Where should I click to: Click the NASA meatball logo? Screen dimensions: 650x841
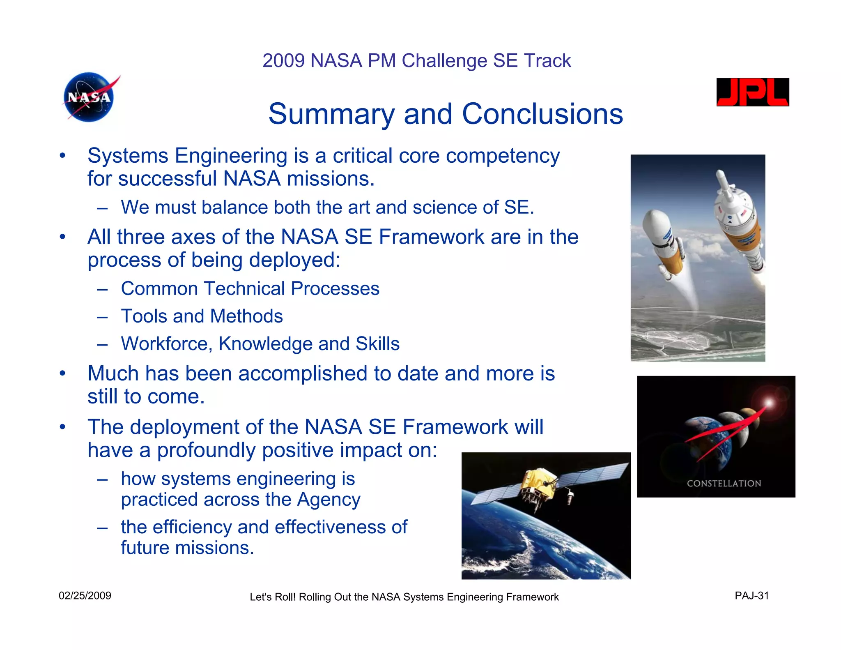coord(89,97)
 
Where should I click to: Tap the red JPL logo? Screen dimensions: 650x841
coord(752,92)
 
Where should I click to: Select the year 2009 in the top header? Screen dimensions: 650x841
coord(283,61)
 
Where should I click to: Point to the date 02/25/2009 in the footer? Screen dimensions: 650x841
coord(85,596)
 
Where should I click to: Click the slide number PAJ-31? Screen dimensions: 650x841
coord(751,596)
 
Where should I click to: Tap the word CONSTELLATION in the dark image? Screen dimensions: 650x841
coord(724,484)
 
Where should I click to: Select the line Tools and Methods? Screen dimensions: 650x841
coord(202,316)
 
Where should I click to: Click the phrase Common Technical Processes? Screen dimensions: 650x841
coord(250,289)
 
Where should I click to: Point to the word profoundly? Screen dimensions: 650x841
coord(207,450)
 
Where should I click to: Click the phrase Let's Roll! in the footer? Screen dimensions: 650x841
coord(272,597)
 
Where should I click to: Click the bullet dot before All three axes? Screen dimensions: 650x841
coord(62,237)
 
